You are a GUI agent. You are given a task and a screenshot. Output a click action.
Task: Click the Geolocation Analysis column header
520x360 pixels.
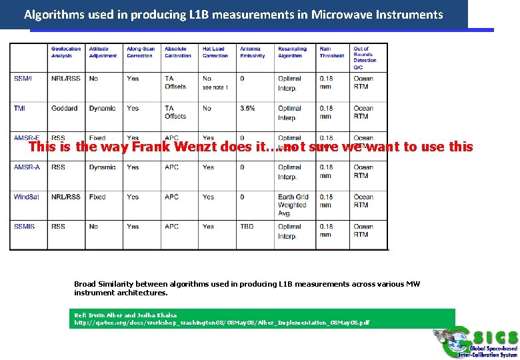(65, 52)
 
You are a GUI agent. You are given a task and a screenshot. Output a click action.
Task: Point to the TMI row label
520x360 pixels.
(19, 108)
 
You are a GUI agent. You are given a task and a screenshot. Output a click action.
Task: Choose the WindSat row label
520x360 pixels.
(27, 197)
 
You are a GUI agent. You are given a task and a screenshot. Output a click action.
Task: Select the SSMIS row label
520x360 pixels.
(24, 227)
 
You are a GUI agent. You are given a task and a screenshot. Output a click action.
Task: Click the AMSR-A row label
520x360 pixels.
(27, 167)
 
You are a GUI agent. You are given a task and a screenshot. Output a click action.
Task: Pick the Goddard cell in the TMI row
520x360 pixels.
(64, 108)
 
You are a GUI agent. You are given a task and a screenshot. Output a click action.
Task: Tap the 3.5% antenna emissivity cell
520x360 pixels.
(248, 108)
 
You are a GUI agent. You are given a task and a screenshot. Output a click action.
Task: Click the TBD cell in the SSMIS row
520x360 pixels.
(247, 227)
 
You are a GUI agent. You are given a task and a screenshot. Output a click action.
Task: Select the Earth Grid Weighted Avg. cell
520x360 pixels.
(293, 205)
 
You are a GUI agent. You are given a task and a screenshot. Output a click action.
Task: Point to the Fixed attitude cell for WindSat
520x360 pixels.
(97, 197)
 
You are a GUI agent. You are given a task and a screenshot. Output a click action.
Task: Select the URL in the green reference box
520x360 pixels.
(220, 323)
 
